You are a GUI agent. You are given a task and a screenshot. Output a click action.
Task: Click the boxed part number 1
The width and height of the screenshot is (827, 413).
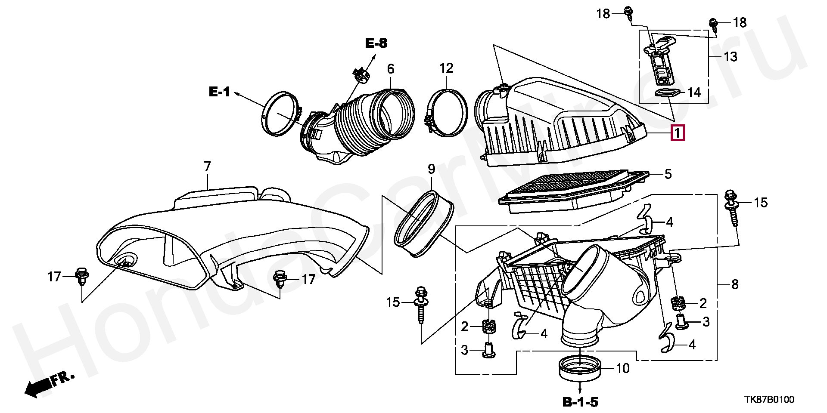pyautogui.click(x=678, y=133)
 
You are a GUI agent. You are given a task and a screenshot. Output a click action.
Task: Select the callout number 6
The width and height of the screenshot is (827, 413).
pyautogui.click(x=391, y=69)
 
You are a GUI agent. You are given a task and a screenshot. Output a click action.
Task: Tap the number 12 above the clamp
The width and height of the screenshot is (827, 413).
pyautogui.click(x=447, y=68)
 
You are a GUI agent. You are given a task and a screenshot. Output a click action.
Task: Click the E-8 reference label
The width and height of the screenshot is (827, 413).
pyautogui.click(x=376, y=43)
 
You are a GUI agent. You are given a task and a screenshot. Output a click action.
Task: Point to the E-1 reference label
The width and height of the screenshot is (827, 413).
pyautogui.click(x=220, y=92)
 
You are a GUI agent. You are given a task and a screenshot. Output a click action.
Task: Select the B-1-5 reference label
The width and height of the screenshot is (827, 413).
pyautogui.click(x=581, y=402)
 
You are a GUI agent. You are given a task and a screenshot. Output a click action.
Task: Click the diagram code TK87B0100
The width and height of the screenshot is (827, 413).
pyautogui.click(x=770, y=400)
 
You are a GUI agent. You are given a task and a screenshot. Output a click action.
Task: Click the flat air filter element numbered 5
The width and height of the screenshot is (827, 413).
pyautogui.click(x=573, y=191)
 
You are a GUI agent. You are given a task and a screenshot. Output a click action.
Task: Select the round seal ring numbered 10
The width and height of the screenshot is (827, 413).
pyautogui.click(x=580, y=368)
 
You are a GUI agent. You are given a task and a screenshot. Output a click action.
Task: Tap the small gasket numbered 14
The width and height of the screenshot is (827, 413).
pyautogui.click(x=667, y=92)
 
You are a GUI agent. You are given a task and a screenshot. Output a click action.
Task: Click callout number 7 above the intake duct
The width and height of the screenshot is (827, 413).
pyautogui.click(x=207, y=166)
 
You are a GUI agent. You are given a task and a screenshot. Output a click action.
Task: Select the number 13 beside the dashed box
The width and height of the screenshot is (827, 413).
pyautogui.click(x=731, y=57)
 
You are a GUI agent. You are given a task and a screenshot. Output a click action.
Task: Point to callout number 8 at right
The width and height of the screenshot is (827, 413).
pyautogui.click(x=735, y=284)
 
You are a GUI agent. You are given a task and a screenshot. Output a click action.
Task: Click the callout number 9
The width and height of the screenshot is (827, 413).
pyautogui.click(x=431, y=169)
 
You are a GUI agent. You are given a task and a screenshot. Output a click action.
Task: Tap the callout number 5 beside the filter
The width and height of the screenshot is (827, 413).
pyautogui.click(x=668, y=174)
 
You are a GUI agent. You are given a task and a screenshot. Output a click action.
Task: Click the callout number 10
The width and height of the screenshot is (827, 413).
pyautogui.click(x=623, y=368)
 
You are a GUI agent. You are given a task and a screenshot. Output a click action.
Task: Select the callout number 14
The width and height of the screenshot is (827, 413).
pyautogui.click(x=694, y=92)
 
